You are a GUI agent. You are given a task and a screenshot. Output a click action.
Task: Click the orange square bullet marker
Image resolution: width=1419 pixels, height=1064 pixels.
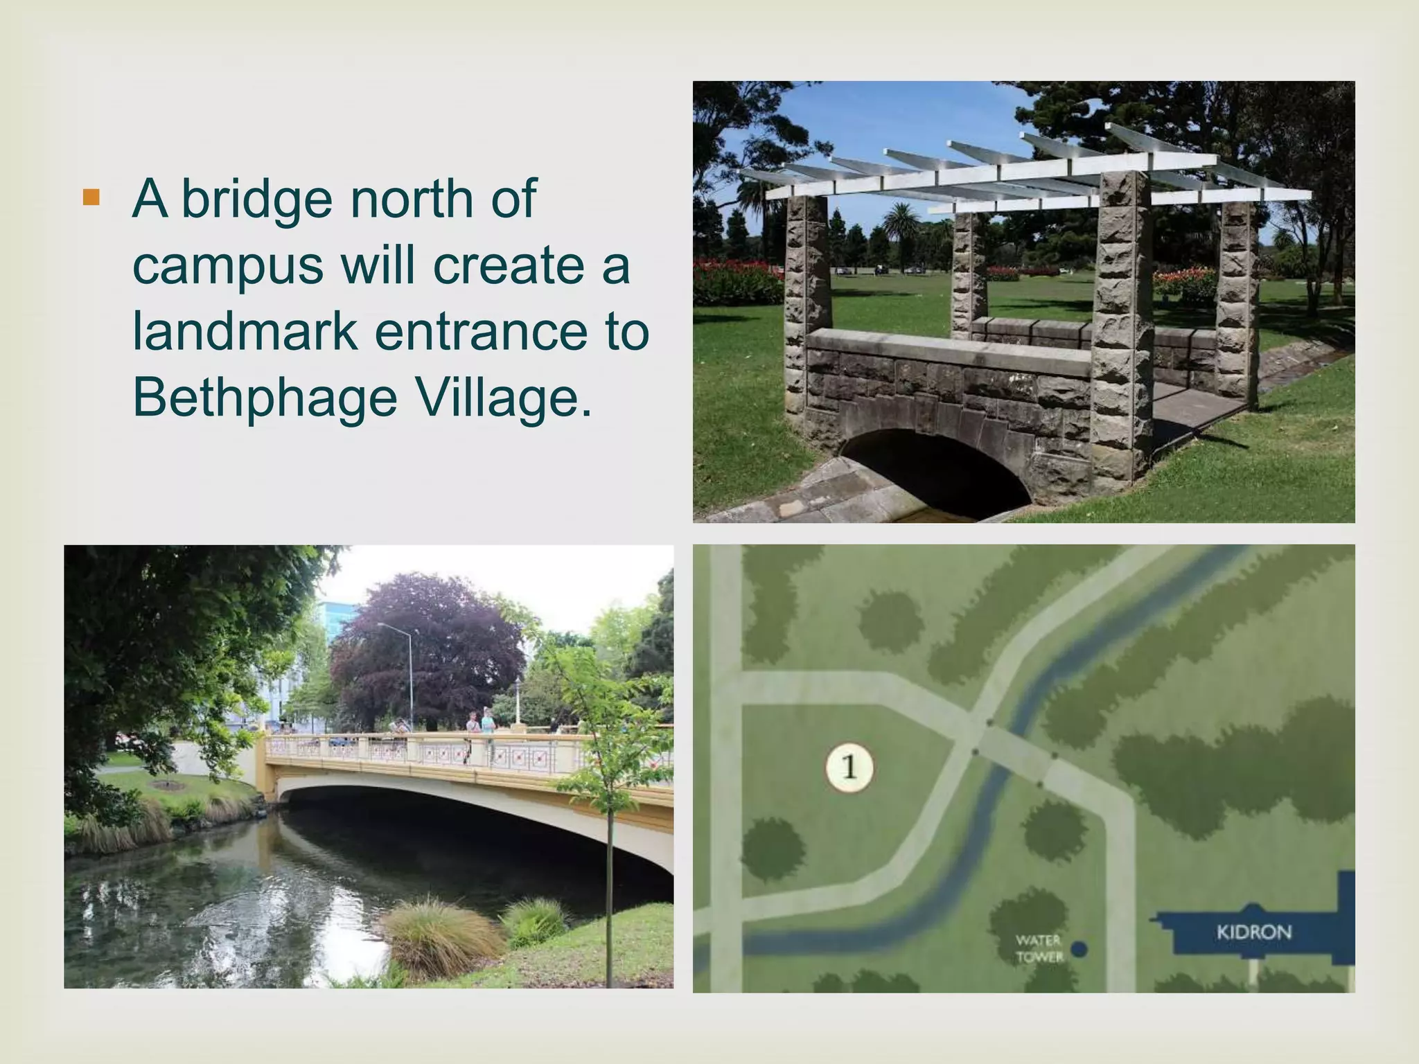click(91, 197)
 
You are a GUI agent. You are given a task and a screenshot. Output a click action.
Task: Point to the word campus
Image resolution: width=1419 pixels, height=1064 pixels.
click(227, 266)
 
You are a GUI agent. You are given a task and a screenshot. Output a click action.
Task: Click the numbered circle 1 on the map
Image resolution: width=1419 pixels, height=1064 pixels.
click(849, 767)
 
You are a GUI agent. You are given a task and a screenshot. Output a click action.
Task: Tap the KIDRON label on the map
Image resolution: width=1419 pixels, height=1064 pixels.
click(1254, 932)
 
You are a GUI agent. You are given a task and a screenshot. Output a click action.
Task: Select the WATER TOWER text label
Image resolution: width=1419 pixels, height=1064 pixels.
click(1039, 948)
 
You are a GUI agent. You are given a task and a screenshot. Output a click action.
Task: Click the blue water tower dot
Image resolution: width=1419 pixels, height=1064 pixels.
click(1079, 948)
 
